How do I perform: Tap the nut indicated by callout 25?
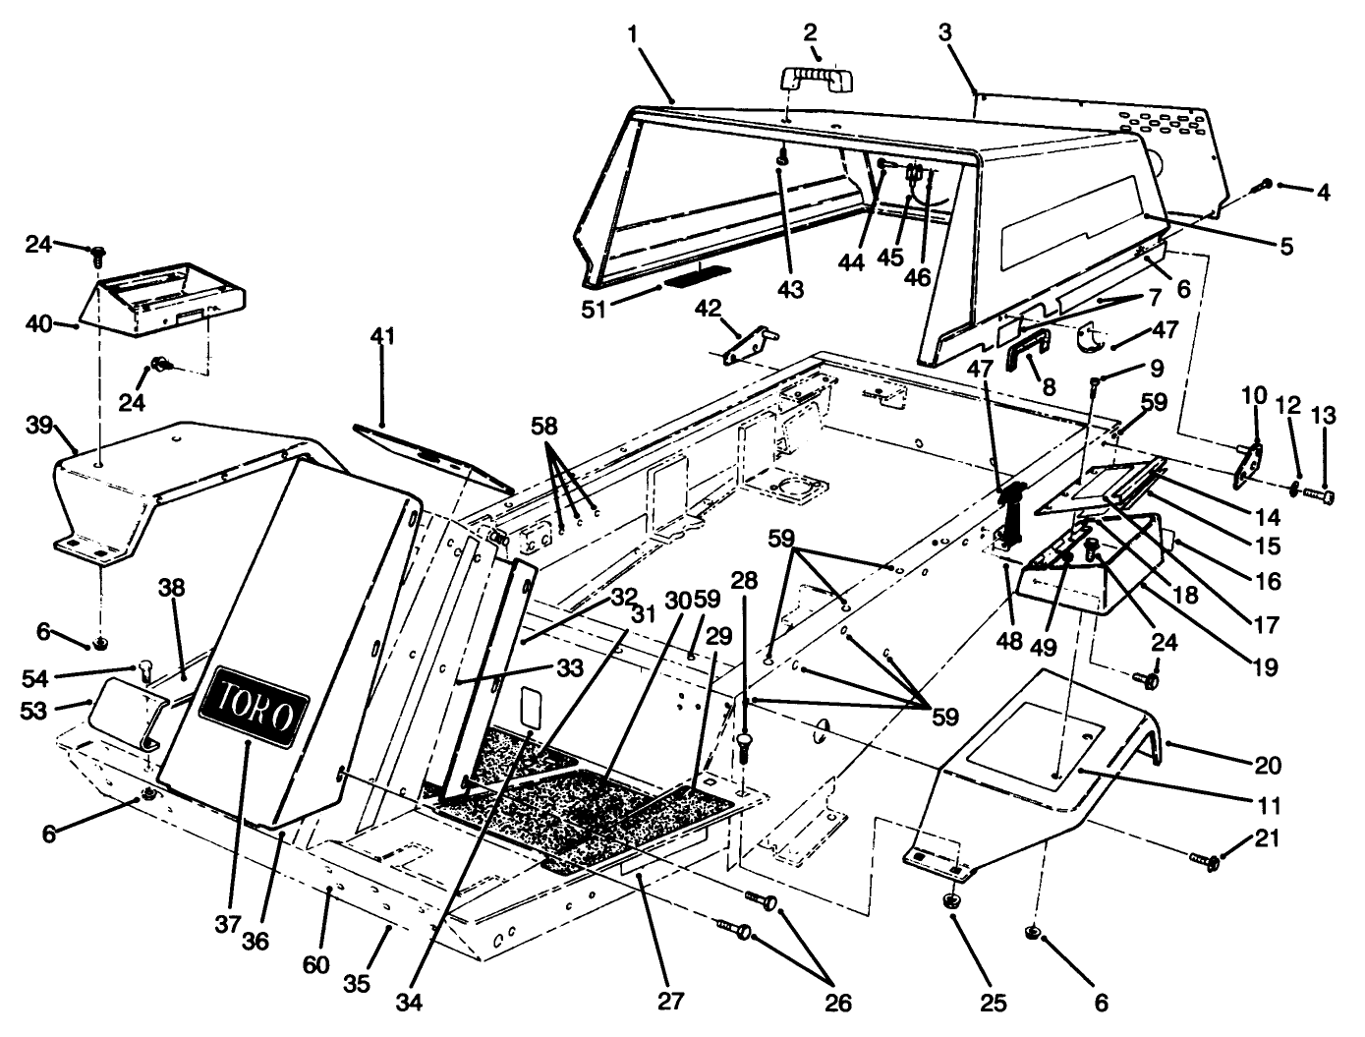tap(952, 899)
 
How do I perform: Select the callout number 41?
tap(382, 337)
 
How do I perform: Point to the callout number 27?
tap(672, 1001)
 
